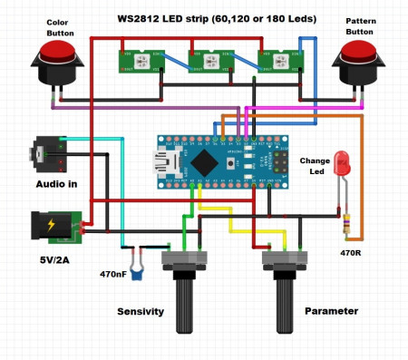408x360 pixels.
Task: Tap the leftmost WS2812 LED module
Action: [x=137, y=60]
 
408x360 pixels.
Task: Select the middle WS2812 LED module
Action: [x=208, y=60]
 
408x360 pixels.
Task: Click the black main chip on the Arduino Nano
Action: [x=205, y=162]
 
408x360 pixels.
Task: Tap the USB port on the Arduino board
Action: [x=168, y=163]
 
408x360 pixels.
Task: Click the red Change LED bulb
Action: [x=343, y=164]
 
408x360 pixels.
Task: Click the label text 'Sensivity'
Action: [x=141, y=311]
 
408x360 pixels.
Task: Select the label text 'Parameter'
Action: [x=331, y=311]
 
